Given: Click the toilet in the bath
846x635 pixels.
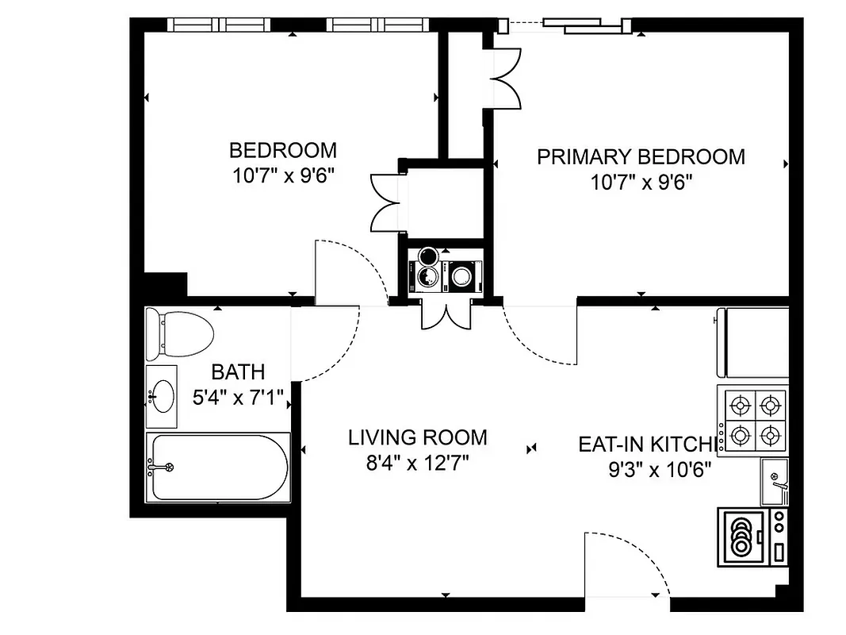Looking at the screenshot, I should click(x=180, y=331).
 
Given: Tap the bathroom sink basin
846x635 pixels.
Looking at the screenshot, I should click(x=164, y=394).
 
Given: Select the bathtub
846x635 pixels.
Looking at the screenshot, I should click(x=218, y=467).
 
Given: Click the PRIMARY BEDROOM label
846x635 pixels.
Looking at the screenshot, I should click(x=641, y=156).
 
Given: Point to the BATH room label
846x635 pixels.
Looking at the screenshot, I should click(x=238, y=371).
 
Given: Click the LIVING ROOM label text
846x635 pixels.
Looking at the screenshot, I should click(x=418, y=437).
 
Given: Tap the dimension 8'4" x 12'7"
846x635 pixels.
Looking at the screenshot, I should click(x=418, y=463).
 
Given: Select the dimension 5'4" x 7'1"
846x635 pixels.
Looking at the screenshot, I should click(x=238, y=396).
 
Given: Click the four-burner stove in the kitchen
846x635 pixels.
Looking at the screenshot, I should click(x=754, y=420).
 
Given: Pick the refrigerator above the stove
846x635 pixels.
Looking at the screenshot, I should click(x=754, y=343).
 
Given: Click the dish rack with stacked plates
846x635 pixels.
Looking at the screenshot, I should click(x=741, y=537).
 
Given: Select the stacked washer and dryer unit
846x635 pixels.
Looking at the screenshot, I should click(x=444, y=274).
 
